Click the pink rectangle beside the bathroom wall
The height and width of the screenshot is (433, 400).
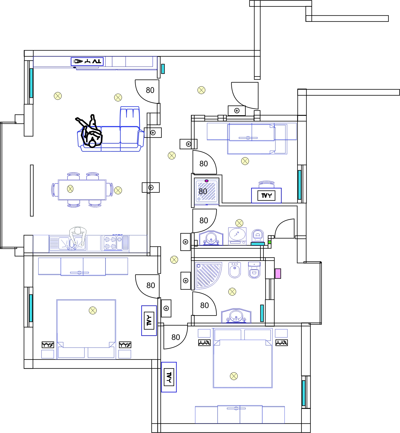[278, 274]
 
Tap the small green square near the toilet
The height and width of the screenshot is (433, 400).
[269, 242]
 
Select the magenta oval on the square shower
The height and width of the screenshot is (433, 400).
[207, 181]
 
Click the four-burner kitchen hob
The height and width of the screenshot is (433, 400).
[110, 243]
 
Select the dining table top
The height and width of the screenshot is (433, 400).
[82, 190]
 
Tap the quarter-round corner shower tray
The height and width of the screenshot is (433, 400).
[208, 275]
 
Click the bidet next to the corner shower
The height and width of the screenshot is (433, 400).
[235, 270]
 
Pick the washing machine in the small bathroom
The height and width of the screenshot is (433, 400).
[237, 236]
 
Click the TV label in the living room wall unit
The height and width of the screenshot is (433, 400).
[97, 61]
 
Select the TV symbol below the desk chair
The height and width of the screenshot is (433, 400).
[266, 195]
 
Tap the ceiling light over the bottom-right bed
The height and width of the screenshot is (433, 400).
[234, 376]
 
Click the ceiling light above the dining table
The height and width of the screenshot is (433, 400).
[70, 189]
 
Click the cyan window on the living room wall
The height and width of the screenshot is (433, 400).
[31, 83]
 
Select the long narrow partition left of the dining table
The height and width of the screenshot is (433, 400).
[32, 191]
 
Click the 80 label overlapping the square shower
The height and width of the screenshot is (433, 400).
[203, 191]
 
